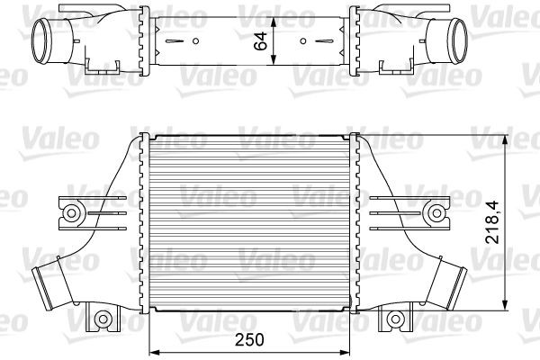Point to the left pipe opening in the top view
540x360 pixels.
42,39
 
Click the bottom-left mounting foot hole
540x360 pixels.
103,318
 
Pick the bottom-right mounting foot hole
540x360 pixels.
397,318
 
